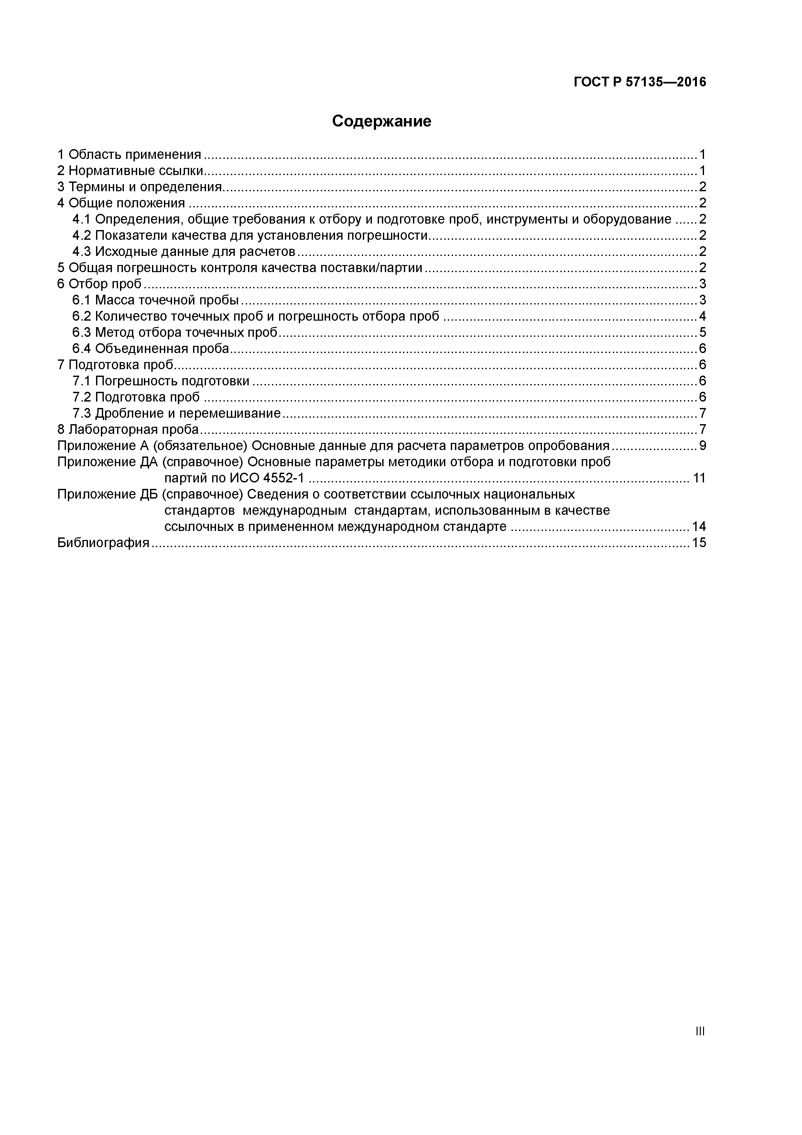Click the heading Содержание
(382, 121)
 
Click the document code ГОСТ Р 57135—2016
(640, 82)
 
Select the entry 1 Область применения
(129, 155)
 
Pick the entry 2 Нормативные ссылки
(130, 171)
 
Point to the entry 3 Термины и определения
(140, 187)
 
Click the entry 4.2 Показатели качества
(250, 235)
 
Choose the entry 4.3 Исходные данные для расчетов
(184, 252)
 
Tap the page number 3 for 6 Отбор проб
(702, 284)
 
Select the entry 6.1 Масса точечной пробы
(156, 300)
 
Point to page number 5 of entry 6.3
(702, 333)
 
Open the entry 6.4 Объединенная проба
(151, 348)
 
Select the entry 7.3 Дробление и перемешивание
(177, 413)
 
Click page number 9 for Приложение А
(702, 446)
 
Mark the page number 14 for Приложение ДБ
(699, 526)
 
